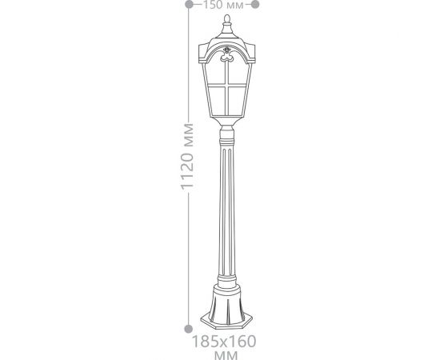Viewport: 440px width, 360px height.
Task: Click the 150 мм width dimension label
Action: pos(223,5)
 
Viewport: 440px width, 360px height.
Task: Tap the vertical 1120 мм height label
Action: pos(187,157)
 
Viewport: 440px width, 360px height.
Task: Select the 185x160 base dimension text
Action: pos(224,342)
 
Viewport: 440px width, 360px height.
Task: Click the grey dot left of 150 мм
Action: pos(189,4)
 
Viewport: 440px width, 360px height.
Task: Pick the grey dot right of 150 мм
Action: pos(255,4)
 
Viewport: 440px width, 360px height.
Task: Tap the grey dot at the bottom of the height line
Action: pos(189,329)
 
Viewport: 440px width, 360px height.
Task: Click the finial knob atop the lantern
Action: pos(227,18)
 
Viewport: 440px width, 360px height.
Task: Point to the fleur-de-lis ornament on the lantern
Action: pos(226,54)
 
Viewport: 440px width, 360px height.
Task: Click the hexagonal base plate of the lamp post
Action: pos(226,321)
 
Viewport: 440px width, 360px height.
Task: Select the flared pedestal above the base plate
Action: pos(226,305)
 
